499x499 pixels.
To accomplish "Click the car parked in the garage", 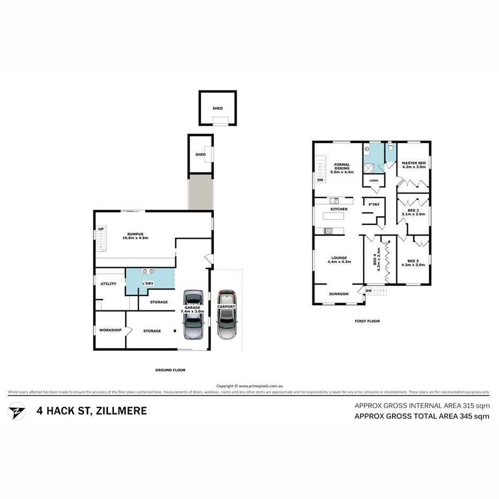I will (x=193, y=315).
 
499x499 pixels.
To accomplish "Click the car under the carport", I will (x=226, y=315).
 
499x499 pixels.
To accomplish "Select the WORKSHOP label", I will (x=110, y=330).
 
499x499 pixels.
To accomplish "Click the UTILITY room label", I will (x=109, y=284).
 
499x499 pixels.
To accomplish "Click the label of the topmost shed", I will (x=217, y=108).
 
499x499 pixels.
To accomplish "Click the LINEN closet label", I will (x=374, y=181).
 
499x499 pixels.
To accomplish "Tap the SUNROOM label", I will (x=338, y=294).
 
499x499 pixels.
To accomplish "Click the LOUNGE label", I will (x=339, y=258).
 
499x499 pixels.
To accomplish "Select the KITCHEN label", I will (x=339, y=209).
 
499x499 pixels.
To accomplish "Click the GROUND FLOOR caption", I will (x=170, y=370).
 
